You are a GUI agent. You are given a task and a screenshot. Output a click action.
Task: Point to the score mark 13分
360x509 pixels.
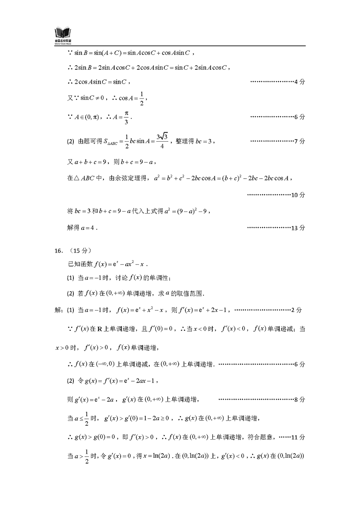[298, 228]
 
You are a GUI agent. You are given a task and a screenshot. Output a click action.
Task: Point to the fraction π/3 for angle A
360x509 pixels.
[126, 117]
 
